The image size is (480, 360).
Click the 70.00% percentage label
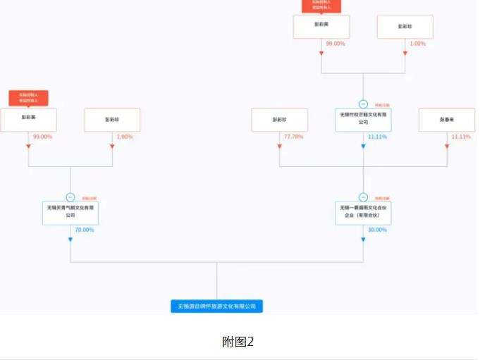84,230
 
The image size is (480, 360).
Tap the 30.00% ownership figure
378,230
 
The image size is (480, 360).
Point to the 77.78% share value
293,136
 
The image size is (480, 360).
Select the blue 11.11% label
377,136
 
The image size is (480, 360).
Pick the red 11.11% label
461,136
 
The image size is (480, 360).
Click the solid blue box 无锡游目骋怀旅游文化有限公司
216,306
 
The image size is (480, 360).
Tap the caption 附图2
238,342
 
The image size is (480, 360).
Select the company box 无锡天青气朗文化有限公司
70,212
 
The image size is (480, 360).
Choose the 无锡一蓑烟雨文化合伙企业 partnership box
364,212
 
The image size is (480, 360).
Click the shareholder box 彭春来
447,120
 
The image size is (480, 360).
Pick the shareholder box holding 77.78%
280,120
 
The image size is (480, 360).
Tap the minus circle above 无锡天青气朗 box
70,197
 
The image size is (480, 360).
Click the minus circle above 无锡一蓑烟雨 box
364,197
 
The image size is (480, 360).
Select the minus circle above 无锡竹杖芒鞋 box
364,104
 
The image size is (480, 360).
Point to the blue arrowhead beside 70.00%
70,240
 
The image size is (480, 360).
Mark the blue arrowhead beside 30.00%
364,240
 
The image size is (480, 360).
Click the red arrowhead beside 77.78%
280,146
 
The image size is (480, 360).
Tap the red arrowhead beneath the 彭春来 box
447,146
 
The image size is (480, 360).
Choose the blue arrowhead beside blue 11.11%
364,146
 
